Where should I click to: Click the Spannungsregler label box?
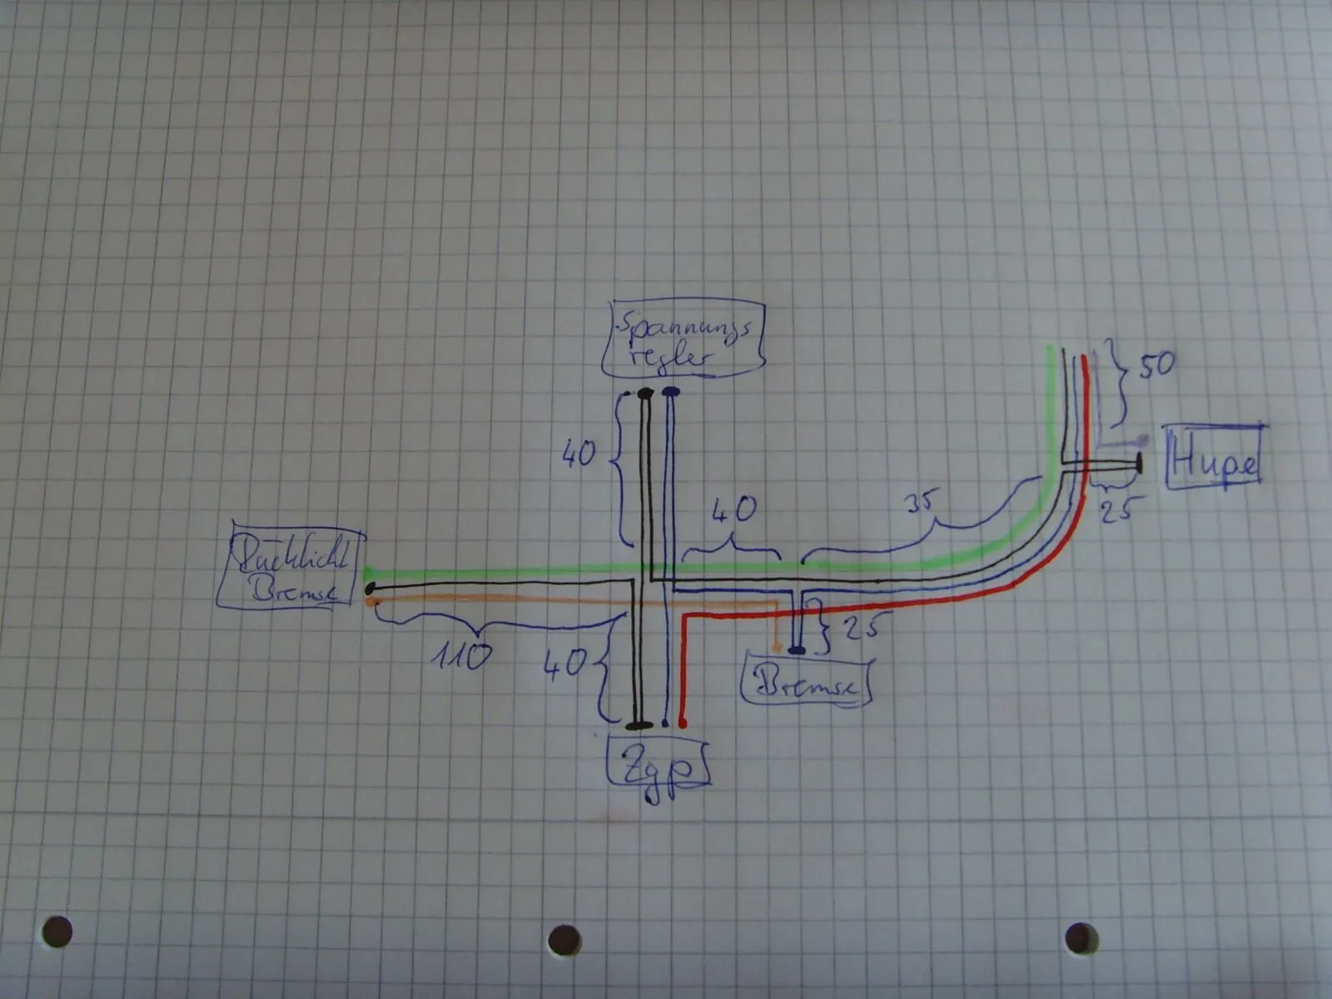(x=683, y=340)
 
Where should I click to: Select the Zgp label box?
(x=659, y=763)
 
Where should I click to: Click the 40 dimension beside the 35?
(x=734, y=509)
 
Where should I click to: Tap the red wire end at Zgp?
(x=683, y=723)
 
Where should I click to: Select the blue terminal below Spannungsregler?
(x=671, y=391)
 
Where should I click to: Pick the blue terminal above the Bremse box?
(x=797, y=649)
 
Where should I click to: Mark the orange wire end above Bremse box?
(x=776, y=647)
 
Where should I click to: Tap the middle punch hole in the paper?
(x=564, y=940)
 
